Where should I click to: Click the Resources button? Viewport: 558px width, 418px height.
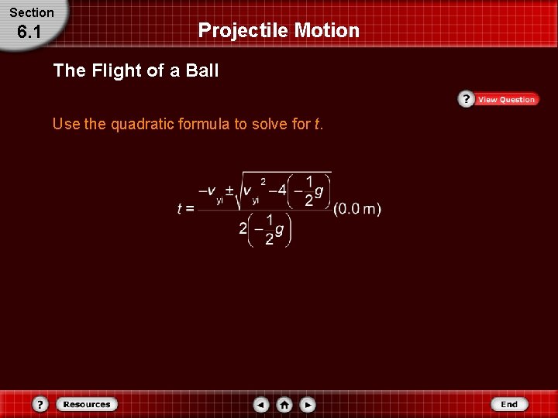[87, 404]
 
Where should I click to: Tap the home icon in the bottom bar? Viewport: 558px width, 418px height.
[284, 404]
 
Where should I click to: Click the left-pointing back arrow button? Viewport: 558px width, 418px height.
[261, 404]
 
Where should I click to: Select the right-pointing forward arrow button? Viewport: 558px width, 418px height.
[308, 404]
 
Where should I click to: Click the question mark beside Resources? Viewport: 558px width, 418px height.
[41, 404]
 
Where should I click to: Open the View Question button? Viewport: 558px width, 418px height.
[506, 99]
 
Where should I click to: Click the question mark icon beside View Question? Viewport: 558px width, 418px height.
[466, 99]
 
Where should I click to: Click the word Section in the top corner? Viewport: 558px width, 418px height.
[32, 12]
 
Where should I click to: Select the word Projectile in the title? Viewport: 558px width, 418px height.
[243, 30]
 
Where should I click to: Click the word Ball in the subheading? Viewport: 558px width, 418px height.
[201, 70]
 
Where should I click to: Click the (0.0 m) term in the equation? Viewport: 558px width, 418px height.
[357, 208]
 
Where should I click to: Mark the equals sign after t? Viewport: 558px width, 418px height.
[189, 209]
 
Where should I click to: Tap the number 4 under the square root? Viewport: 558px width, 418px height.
[282, 190]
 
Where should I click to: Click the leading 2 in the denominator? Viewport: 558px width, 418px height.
[243, 229]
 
